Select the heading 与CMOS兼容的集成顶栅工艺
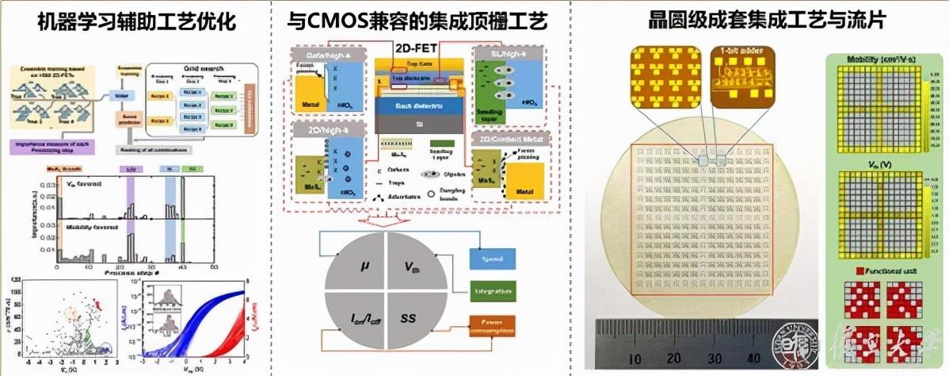click(429, 22)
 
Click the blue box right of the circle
click(492, 259)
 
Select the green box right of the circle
click(492, 291)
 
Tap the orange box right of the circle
click(492, 323)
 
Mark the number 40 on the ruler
click(757, 358)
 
